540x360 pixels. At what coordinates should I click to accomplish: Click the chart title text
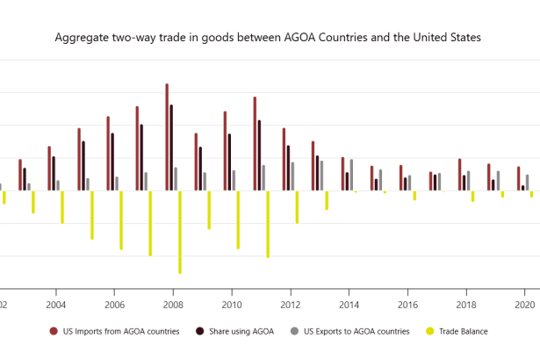268,39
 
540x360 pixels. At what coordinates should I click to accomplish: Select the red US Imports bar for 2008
167,137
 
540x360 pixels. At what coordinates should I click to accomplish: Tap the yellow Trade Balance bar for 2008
180,232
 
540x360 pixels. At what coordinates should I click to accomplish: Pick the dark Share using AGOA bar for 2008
171,148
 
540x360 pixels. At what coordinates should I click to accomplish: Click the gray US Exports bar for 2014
351,175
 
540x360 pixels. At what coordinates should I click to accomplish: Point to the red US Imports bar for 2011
255,144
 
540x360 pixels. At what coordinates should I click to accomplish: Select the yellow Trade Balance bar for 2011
268,224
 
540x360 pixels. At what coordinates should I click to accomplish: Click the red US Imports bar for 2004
49,169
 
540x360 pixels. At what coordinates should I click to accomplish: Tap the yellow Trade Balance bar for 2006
121,220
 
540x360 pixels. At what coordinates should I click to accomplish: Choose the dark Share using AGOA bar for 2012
288,168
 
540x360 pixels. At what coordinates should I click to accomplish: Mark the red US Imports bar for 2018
459,175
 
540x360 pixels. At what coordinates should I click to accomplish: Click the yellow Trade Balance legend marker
430,331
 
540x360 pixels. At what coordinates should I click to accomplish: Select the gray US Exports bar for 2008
176,179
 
